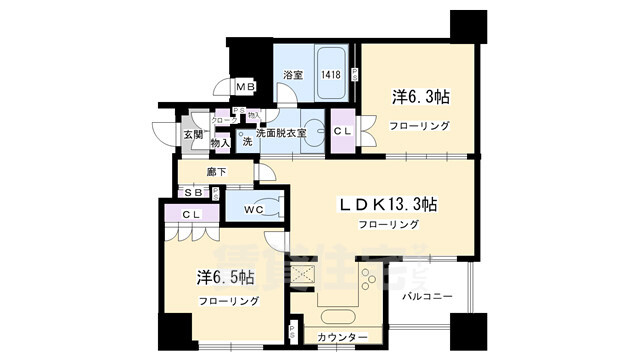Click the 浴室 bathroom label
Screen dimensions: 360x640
point(292,75)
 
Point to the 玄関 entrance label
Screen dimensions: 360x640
point(192,134)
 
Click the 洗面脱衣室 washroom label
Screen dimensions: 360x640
point(282,133)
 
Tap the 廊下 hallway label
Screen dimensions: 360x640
point(217,172)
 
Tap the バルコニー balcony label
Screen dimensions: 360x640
point(428,297)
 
